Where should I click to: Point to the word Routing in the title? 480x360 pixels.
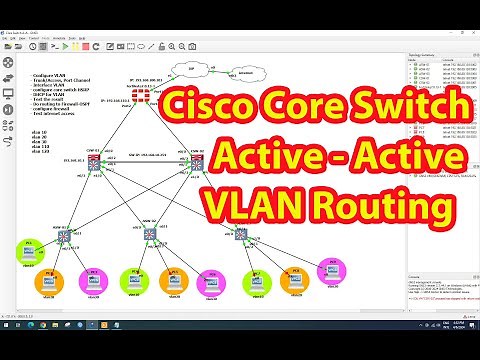point(377,204)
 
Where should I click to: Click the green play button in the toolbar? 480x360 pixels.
point(65,45)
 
